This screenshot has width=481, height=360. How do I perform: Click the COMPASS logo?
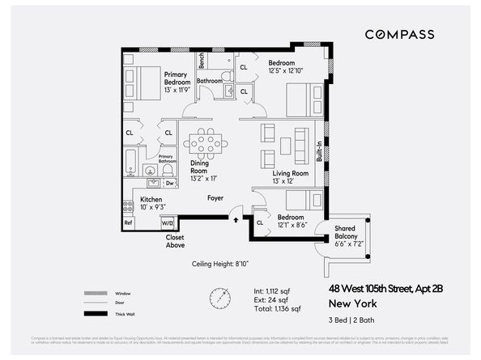399,34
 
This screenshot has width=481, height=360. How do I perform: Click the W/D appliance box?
168,222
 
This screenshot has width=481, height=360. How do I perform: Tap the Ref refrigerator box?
128,222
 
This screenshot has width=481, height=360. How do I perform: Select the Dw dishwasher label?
169,184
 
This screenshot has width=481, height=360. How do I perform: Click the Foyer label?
215,197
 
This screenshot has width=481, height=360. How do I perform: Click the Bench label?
202,60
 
